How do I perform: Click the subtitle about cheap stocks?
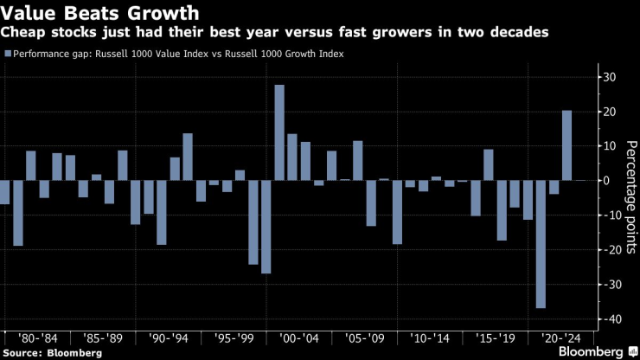tap(280, 33)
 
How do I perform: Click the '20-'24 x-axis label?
tap(554, 338)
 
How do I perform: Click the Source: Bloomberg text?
tap(52, 352)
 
